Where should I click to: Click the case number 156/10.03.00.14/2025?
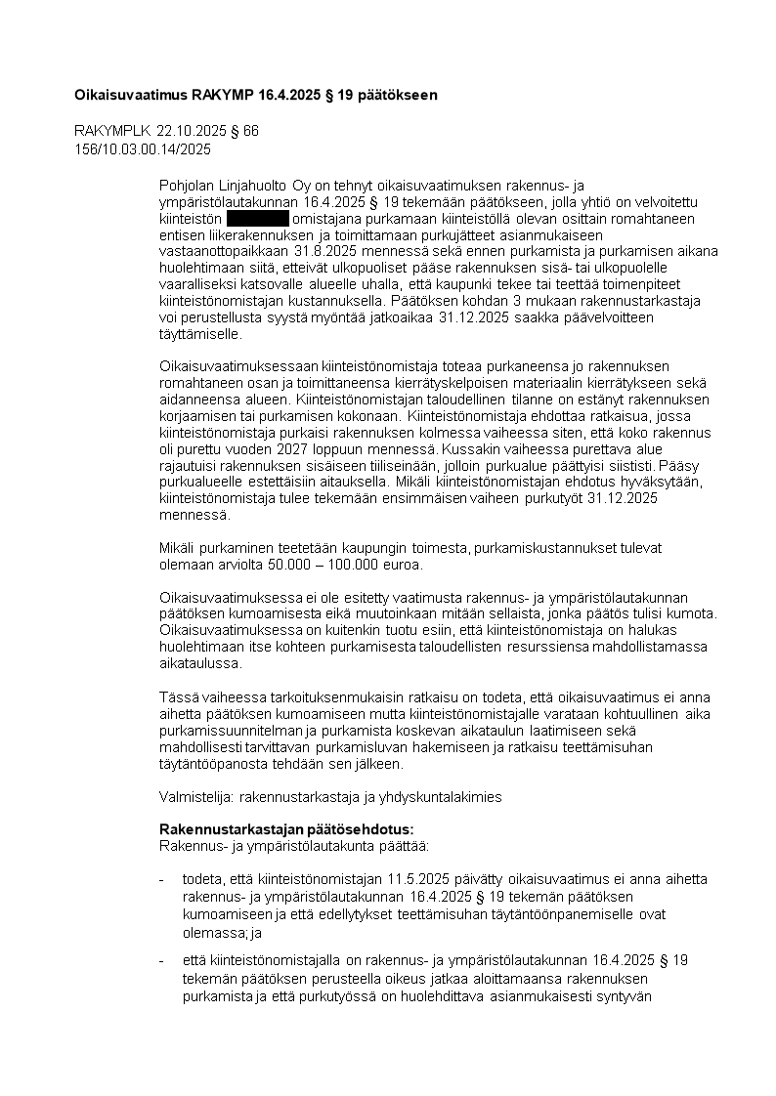[x=143, y=149]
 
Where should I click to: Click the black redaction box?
[x=258, y=219]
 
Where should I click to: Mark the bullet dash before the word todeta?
[x=161, y=879]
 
